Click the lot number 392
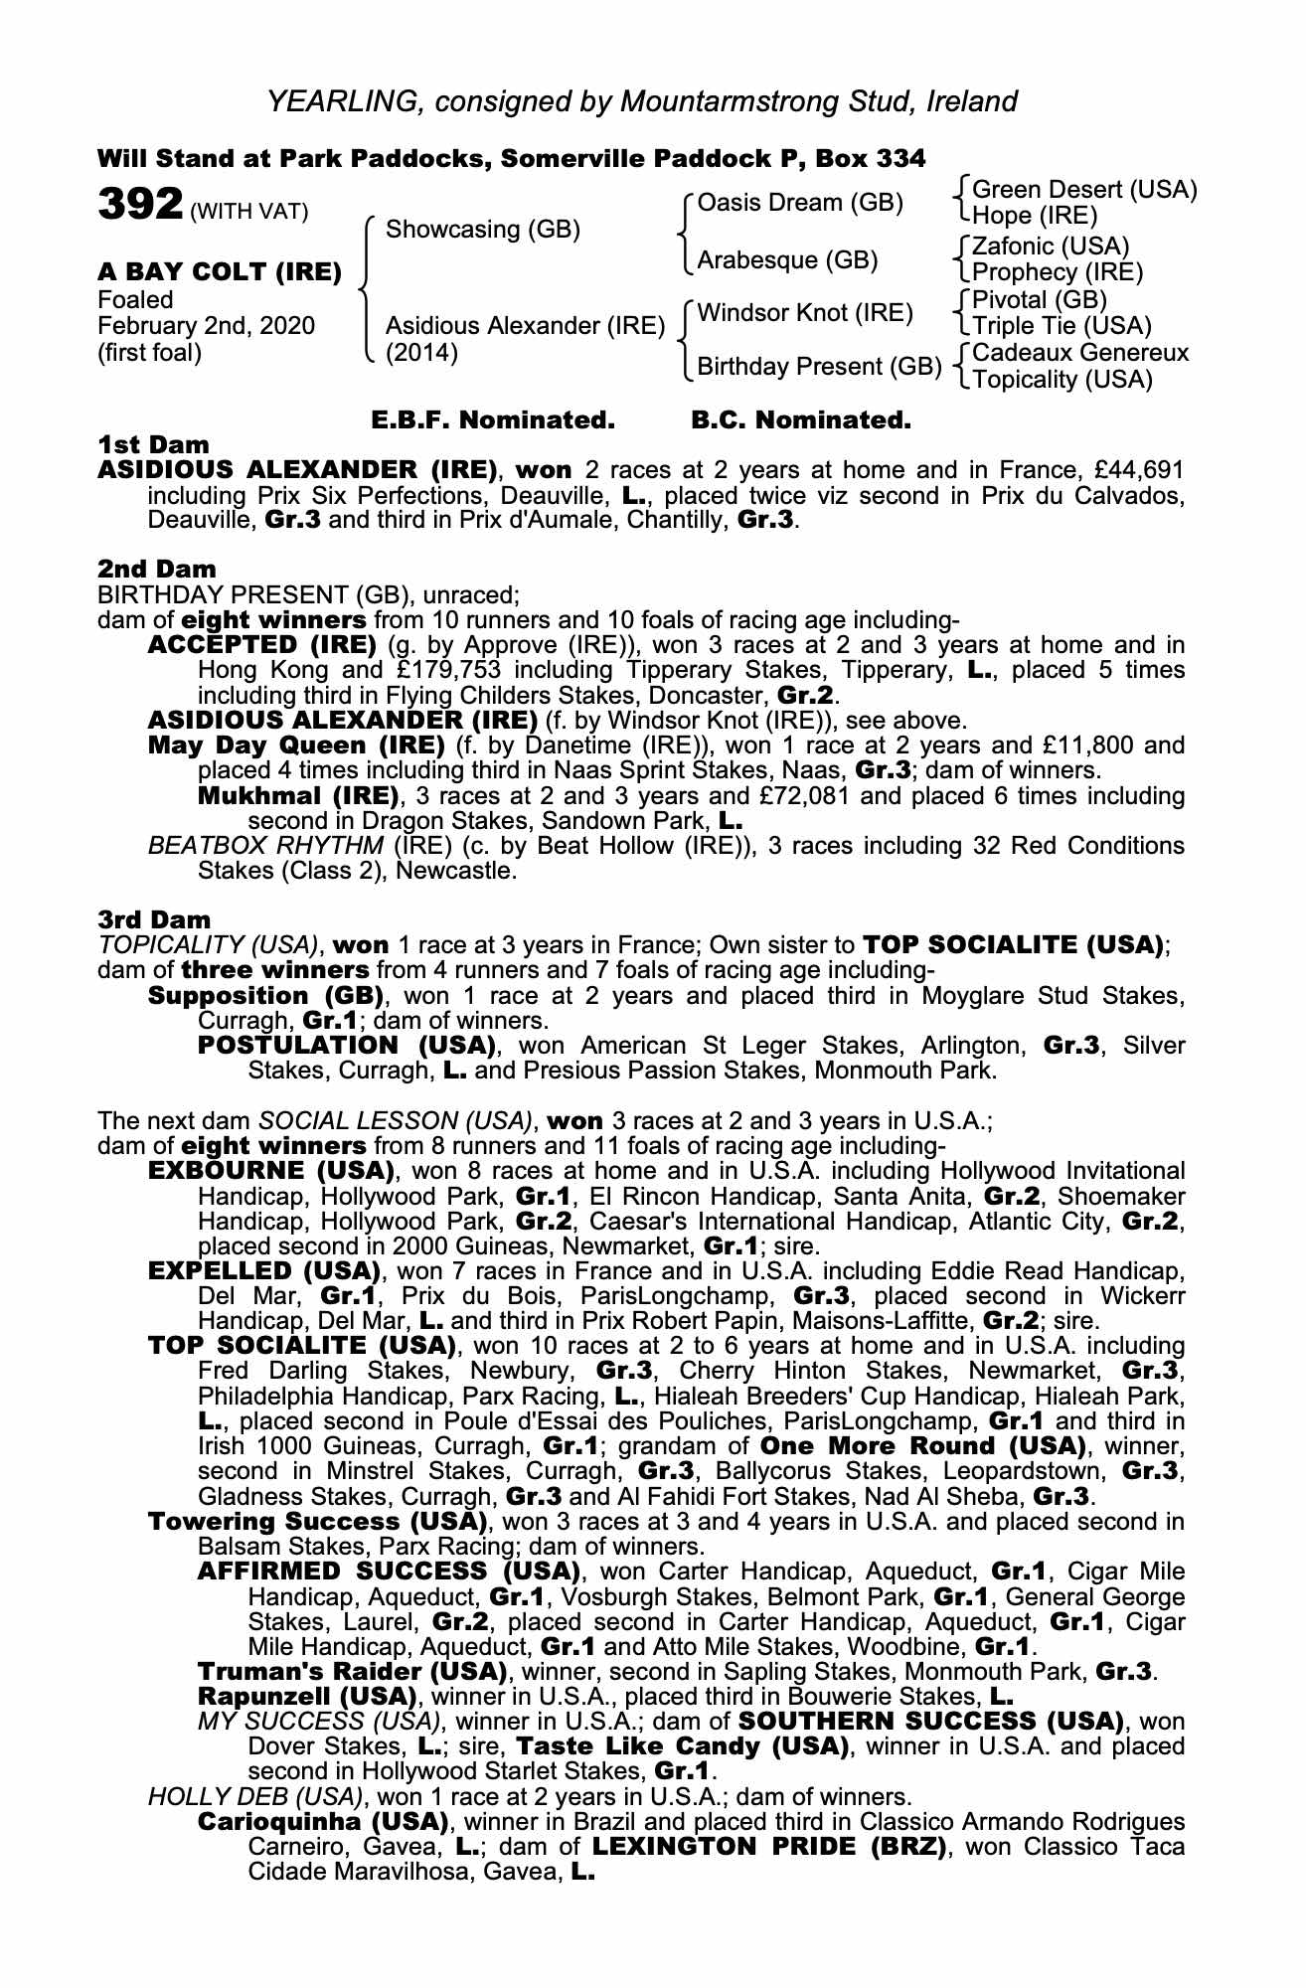(x=139, y=206)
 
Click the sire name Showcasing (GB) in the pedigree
(x=482, y=230)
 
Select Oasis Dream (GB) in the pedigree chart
(x=800, y=203)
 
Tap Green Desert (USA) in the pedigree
(x=1084, y=190)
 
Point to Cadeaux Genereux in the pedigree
(x=1080, y=353)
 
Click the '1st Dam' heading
(x=153, y=444)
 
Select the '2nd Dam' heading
(x=156, y=569)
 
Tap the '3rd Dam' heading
(x=154, y=919)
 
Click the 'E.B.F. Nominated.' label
(x=493, y=420)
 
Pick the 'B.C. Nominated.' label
(x=800, y=420)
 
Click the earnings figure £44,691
(x=1132, y=470)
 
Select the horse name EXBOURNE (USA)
(x=271, y=1171)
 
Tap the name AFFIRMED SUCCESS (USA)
(x=389, y=1572)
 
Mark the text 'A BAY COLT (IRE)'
(x=220, y=272)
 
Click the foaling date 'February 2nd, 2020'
(x=206, y=326)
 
